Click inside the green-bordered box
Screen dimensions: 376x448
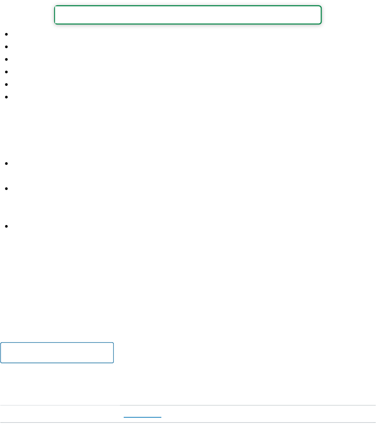188,15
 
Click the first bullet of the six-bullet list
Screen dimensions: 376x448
7,34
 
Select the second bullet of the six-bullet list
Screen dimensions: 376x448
7,47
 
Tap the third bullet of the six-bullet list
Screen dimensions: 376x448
7,59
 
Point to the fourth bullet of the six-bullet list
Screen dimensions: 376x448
7,72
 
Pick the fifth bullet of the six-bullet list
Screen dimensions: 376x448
7,84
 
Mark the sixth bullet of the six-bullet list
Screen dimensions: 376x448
7,97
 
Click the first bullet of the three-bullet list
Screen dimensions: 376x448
7,163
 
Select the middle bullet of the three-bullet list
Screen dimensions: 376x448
7,188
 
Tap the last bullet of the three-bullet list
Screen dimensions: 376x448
7,226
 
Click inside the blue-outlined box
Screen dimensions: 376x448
57,353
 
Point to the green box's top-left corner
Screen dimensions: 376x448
55,6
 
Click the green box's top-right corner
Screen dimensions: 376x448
321,6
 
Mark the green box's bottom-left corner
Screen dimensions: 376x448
55,24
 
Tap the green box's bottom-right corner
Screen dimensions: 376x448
321,24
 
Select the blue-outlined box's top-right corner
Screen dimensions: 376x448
114,343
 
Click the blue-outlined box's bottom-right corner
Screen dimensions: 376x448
114,363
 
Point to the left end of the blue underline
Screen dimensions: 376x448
124,417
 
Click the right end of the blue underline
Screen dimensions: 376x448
161,417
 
